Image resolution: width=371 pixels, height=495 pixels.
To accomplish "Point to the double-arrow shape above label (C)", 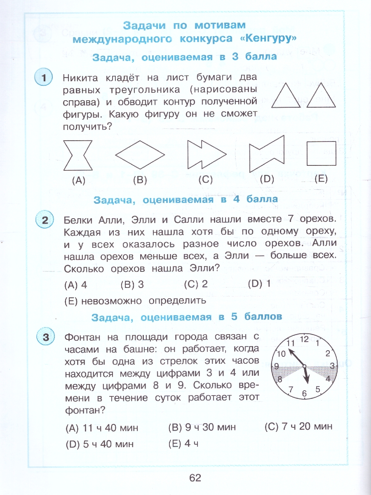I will [206, 155].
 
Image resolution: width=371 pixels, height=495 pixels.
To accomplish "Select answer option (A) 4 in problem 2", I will [76, 285].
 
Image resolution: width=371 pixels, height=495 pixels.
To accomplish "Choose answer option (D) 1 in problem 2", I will [259, 284].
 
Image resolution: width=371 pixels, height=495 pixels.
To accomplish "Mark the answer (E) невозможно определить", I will [135, 301].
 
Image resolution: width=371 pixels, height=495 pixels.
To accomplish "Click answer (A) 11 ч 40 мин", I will [102, 428].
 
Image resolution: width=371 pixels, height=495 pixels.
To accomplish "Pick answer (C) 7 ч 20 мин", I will [298, 426].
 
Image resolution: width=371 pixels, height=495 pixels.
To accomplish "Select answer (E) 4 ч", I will [184, 444].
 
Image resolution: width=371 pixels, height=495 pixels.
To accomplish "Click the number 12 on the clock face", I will [304, 339].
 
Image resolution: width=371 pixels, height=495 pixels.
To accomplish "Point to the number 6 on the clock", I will [305, 393].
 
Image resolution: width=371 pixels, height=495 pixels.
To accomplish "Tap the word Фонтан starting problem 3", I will [84, 337].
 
